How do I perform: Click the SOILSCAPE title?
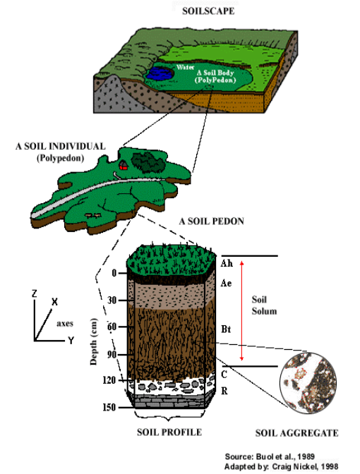(x=208, y=11)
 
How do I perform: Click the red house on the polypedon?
(x=123, y=166)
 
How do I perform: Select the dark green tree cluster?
(x=148, y=162)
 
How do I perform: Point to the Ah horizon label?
(x=227, y=264)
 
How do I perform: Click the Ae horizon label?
(x=226, y=284)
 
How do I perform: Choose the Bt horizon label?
(x=226, y=329)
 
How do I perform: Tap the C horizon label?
(x=224, y=375)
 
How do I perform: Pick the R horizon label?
(x=224, y=391)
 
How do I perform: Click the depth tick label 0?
(x=114, y=273)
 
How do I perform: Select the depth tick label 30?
(x=112, y=300)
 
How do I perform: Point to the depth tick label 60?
(x=112, y=327)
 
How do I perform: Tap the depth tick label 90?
(x=112, y=354)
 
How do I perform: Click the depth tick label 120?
(x=109, y=380)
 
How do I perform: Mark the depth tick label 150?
(x=109, y=407)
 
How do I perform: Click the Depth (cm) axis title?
(x=94, y=342)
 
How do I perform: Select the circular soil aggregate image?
(x=308, y=383)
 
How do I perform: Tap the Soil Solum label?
(x=264, y=305)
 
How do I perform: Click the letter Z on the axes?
(x=35, y=293)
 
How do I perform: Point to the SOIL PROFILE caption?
(x=169, y=432)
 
